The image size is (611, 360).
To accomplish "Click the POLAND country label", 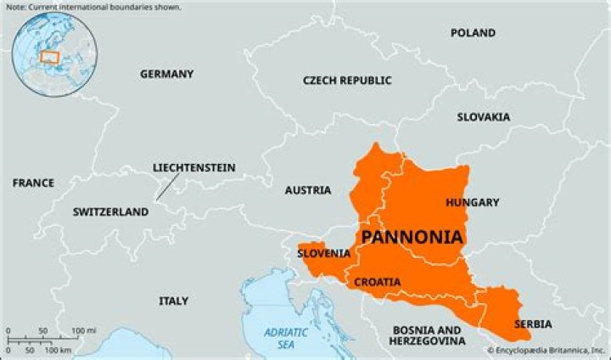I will pos(473,33).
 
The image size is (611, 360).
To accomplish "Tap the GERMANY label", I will pos(166,74).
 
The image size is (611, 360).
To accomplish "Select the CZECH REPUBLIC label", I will pos(347,80).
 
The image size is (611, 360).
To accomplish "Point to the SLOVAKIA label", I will pos(483,116).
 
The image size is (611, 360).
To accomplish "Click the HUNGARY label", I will pos(472,202).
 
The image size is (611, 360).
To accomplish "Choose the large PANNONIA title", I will pos(412,237).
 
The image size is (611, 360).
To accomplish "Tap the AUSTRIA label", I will pos(307,190).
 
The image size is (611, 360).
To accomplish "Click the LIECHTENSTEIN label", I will pos(193,167).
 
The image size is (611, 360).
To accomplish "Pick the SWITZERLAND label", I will pos(110,212).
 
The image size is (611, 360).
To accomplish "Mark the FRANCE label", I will pos(33,183).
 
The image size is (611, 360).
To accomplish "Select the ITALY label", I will pos(174,301).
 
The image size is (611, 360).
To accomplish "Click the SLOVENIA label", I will pos(323,253).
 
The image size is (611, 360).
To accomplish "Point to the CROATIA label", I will pos(378,282).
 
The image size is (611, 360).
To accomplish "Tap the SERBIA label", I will pos(533,324).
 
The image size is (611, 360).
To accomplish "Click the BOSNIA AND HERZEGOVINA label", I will pos(427,335).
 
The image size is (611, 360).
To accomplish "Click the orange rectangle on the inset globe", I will pos(50,57).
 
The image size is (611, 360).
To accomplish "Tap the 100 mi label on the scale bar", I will pos(82,330).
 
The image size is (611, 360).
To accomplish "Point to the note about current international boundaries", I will pos(92,7).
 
